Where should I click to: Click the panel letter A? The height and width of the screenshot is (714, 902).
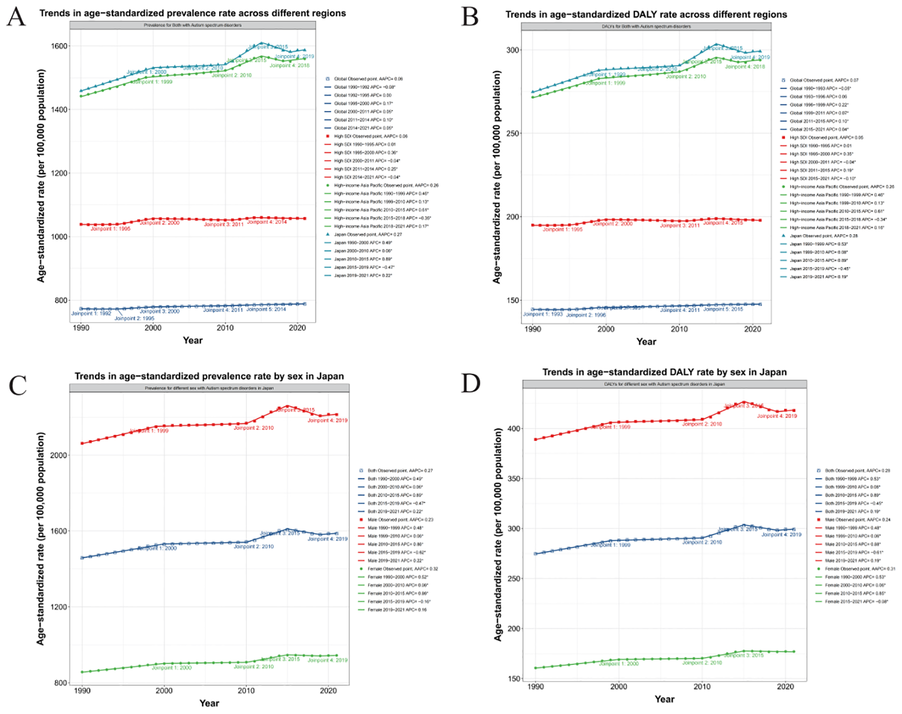click(x=16, y=17)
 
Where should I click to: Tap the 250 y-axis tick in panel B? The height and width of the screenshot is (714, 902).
click(x=513, y=133)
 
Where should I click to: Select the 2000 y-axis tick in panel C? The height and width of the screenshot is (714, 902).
click(x=59, y=455)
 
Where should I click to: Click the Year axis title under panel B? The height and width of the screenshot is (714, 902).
click(x=646, y=342)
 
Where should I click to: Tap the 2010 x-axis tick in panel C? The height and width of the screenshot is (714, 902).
click(x=246, y=691)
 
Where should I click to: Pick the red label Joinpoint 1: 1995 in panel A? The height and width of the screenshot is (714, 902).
click(x=110, y=229)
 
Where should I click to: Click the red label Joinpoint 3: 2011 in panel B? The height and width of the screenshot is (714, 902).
click(x=679, y=225)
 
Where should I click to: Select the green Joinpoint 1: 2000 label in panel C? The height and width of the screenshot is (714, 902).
click(x=171, y=668)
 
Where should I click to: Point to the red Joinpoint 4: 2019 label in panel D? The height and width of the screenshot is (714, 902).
click(x=777, y=416)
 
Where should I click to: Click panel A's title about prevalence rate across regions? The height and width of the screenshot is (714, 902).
click(x=192, y=13)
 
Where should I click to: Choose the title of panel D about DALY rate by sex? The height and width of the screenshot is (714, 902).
click(x=664, y=372)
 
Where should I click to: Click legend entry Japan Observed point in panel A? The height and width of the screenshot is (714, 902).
click(x=368, y=234)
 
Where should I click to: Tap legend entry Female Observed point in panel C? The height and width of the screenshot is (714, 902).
click(x=402, y=569)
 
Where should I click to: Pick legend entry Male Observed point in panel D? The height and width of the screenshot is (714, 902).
click(x=857, y=520)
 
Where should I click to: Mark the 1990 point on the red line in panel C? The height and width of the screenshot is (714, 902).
click(x=82, y=443)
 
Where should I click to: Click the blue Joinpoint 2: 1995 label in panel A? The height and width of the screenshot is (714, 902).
click(x=134, y=318)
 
